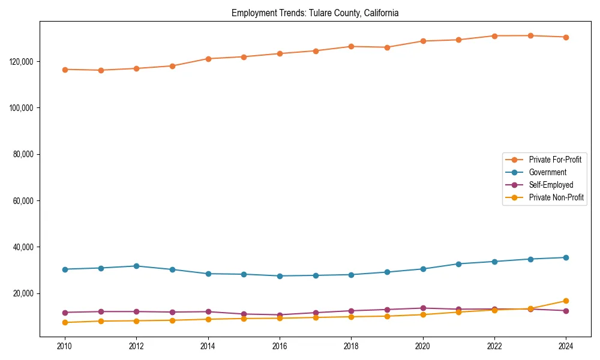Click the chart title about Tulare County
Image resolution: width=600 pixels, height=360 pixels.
[315, 13]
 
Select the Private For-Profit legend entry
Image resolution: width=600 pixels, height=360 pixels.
[551, 160]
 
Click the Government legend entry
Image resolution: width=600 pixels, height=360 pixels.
[547, 172]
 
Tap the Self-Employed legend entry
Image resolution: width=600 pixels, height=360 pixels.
[551, 185]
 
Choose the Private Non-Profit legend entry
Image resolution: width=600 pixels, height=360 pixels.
[556, 197]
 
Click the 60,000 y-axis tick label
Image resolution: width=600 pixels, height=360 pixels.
[23, 201]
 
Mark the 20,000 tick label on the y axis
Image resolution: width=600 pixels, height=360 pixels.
[23, 293]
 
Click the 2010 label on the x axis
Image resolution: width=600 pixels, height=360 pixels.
[65, 346]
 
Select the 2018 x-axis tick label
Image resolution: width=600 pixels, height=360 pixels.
[352, 346]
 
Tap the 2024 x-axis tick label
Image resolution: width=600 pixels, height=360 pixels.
[566, 346]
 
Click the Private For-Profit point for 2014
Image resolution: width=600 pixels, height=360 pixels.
[208, 59]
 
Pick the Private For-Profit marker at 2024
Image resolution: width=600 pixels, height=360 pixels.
[566, 37]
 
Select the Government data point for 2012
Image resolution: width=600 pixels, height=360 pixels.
[136, 266]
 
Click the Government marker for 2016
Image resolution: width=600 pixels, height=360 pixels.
[280, 276]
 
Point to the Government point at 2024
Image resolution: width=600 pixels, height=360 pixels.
[566, 257]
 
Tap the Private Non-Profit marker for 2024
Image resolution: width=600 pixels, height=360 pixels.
[566, 301]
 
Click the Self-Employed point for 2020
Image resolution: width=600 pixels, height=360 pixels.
[423, 308]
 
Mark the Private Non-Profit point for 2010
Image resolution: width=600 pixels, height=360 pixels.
[65, 323]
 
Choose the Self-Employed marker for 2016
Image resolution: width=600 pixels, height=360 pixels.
[280, 315]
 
